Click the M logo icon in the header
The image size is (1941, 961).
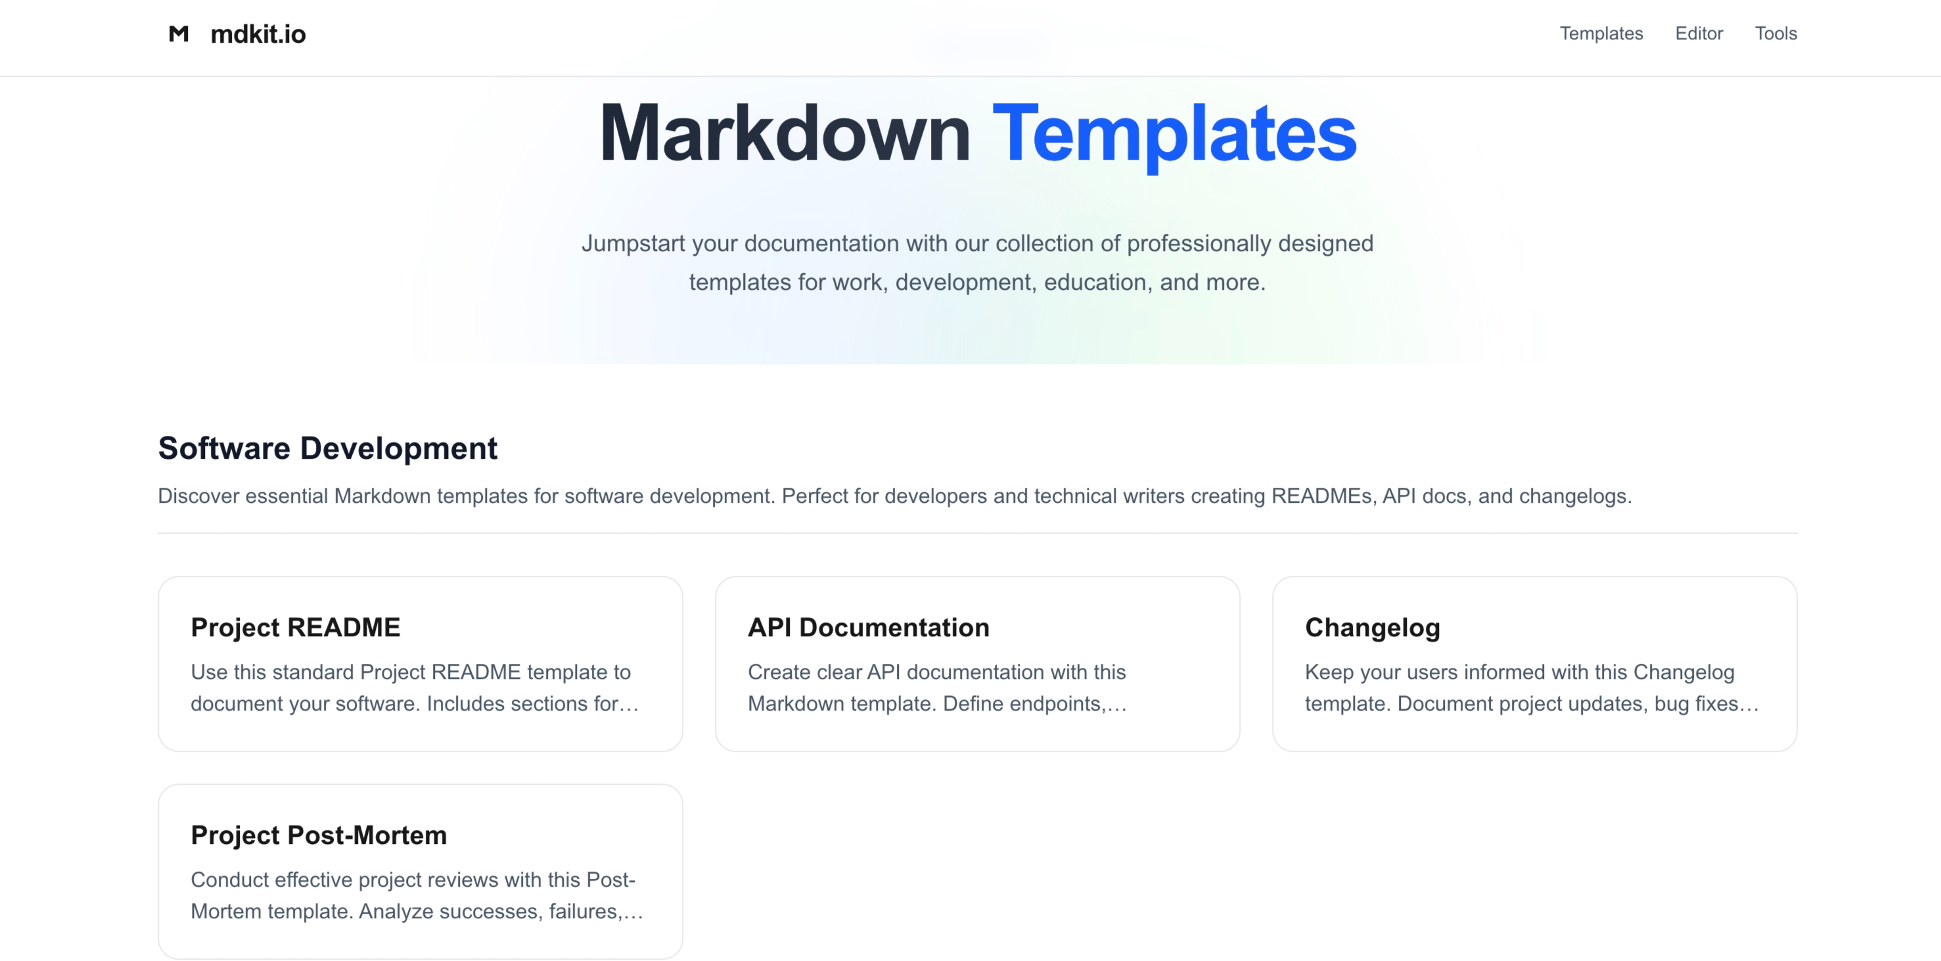coord(179,34)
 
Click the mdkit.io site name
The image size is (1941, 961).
coord(258,34)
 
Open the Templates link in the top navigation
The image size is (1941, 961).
coord(1601,33)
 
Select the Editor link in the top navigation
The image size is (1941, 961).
coord(1699,33)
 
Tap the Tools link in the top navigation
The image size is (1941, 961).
coord(1775,33)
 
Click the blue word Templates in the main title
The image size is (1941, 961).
coord(1174,134)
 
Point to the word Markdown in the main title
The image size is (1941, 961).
coord(785,134)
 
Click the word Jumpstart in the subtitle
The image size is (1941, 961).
coord(633,243)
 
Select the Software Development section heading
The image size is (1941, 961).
coord(328,448)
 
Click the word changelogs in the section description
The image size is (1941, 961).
coord(1574,496)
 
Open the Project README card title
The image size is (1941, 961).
coord(296,627)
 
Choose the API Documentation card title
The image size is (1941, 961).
coord(868,627)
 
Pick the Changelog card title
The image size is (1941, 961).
coord(1372,627)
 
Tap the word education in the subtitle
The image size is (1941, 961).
coord(1095,282)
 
